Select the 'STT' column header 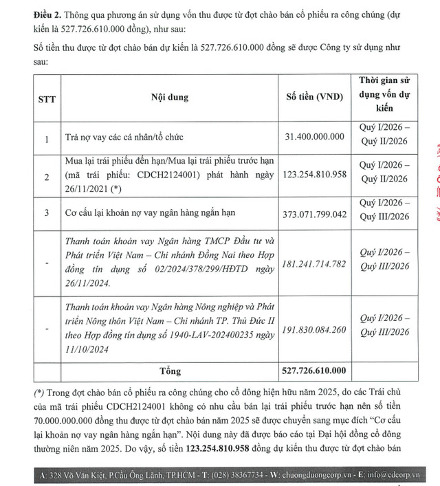pos(46,97)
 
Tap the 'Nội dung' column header pos(169,97)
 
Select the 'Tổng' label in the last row pos(169,371)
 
